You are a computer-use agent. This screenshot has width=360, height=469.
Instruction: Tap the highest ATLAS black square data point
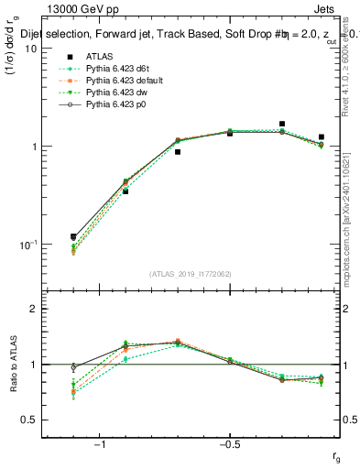[x=282, y=124]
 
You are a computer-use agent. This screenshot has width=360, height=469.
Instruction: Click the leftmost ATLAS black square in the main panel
[x=73, y=237]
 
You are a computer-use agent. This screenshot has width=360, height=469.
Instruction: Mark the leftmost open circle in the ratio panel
[x=73, y=367]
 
